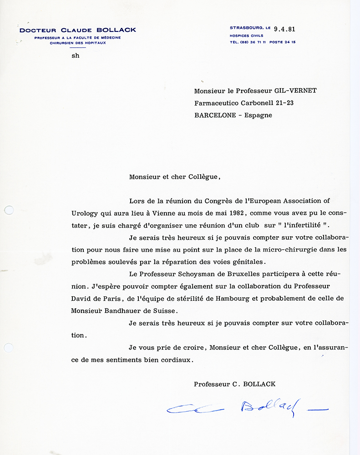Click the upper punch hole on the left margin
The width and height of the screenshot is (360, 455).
8,210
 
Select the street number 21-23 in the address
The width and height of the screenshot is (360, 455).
282,103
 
